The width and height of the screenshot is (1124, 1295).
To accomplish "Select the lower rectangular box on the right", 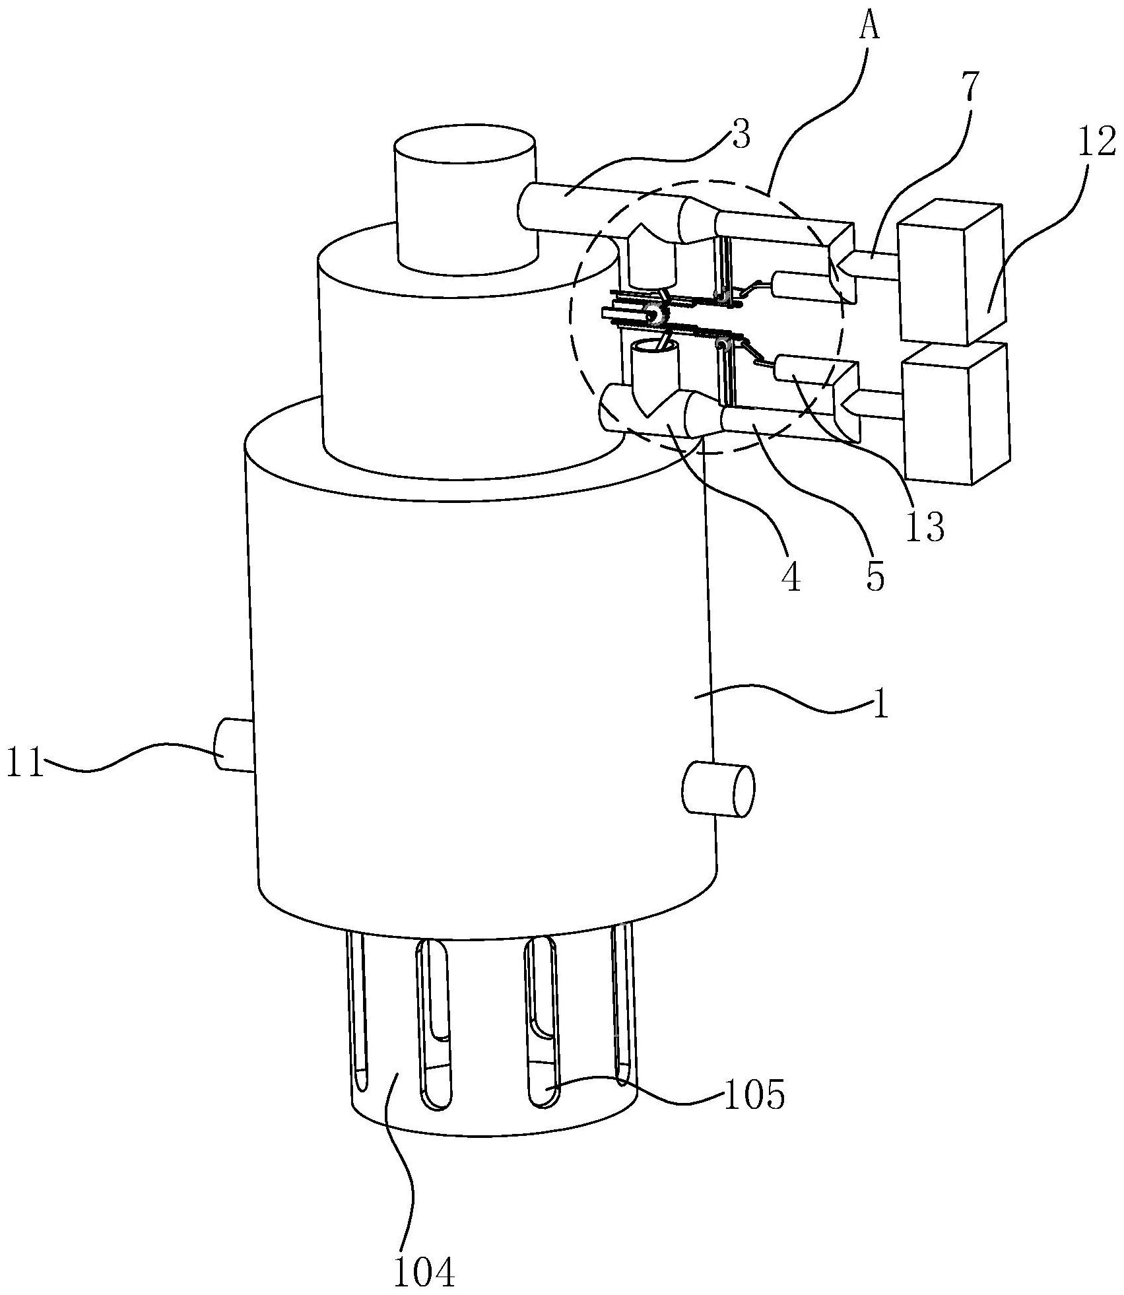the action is pyautogui.click(x=957, y=413).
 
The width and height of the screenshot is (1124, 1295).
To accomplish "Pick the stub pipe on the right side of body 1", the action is pyautogui.click(x=718, y=789).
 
